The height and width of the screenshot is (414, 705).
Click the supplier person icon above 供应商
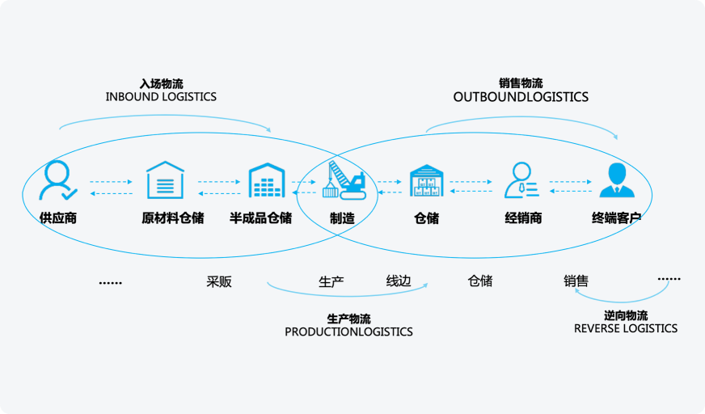coord(58,180)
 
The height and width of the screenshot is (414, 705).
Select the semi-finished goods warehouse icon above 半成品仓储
coord(268,180)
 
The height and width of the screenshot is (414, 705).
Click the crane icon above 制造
coord(344,180)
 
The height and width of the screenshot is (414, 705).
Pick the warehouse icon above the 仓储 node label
coord(426,180)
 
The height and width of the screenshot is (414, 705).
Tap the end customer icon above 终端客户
coord(616,180)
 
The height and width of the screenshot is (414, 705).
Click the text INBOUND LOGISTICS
coord(161,97)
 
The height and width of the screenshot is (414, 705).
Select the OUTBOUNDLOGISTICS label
coord(521,97)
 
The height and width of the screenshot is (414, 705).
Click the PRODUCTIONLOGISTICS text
coord(348,332)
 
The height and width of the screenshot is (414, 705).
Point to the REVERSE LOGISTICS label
coord(626,328)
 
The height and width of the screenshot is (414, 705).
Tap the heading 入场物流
coord(161,83)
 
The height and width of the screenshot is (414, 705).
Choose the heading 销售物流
coord(521,83)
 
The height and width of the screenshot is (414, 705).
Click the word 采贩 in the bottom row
coord(219,282)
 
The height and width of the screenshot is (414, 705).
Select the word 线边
coord(399,281)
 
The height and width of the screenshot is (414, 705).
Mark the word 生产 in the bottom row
coord(331,282)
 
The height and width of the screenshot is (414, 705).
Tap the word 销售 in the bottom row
coord(576,281)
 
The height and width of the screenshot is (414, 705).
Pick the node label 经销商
coord(523,218)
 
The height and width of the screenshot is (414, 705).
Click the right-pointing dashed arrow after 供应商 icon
coord(111,182)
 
